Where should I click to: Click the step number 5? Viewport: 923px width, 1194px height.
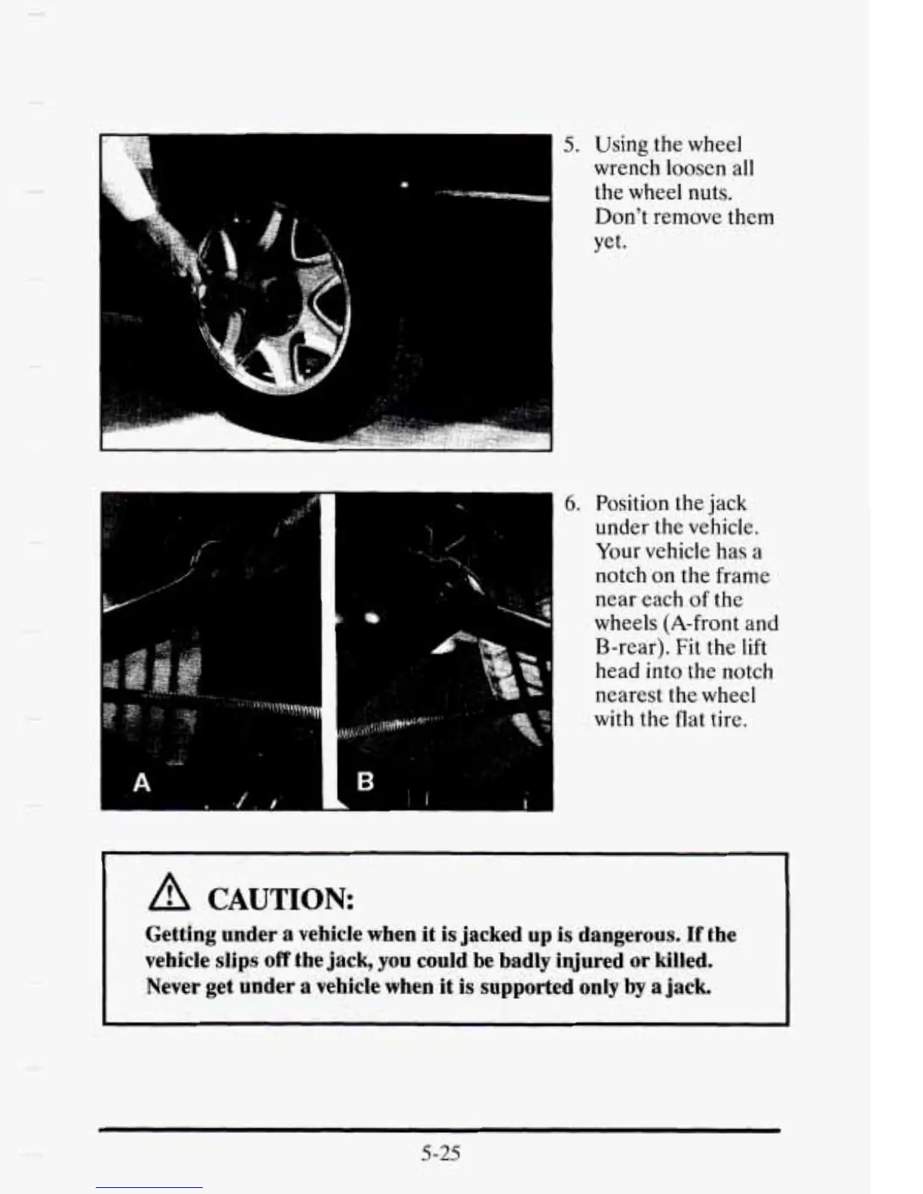[570, 144]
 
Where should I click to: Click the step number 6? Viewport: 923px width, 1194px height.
[572, 503]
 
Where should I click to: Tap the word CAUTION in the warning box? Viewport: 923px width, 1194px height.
[280, 899]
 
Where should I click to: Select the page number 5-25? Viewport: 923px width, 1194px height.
[440, 1153]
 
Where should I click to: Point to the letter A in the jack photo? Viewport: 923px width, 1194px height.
[141, 783]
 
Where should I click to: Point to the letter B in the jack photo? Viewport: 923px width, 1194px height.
[364, 781]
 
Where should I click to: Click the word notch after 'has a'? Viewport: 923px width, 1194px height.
[621, 575]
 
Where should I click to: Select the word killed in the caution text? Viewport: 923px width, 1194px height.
[682, 960]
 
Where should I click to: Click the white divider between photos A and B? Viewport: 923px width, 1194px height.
[327, 648]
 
